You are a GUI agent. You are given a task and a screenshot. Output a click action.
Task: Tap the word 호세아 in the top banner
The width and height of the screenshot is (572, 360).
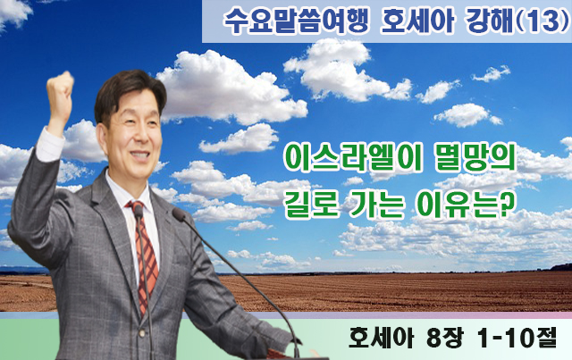pyautogui.click(x=417, y=21)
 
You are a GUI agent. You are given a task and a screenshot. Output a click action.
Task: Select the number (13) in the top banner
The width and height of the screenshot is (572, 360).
pyautogui.click(x=543, y=21)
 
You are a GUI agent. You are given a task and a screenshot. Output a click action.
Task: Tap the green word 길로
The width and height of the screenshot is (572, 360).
pyautogui.click(x=308, y=205)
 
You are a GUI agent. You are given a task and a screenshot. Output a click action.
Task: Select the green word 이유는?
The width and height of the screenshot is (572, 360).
pyautogui.click(x=464, y=205)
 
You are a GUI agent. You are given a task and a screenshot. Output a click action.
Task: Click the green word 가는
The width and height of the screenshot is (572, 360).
pyautogui.click(x=375, y=205)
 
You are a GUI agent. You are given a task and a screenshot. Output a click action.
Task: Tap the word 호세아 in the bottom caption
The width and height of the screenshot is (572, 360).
pyautogui.click(x=381, y=338)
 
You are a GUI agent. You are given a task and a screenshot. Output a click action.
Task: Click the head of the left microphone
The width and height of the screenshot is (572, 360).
pyautogui.click(x=139, y=212)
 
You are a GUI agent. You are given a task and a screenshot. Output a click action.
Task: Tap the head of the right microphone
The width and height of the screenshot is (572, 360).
pyautogui.click(x=179, y=214)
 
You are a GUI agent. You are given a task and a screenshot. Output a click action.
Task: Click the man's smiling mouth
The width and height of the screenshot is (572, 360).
pyautogui.click(x=139, y=155)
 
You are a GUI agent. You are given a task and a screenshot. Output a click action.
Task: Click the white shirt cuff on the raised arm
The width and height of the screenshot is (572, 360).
pyautogui.click(x=49, y=145)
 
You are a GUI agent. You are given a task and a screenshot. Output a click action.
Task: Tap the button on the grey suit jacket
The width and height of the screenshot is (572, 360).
pyautogui.click(x=141, y=333)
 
